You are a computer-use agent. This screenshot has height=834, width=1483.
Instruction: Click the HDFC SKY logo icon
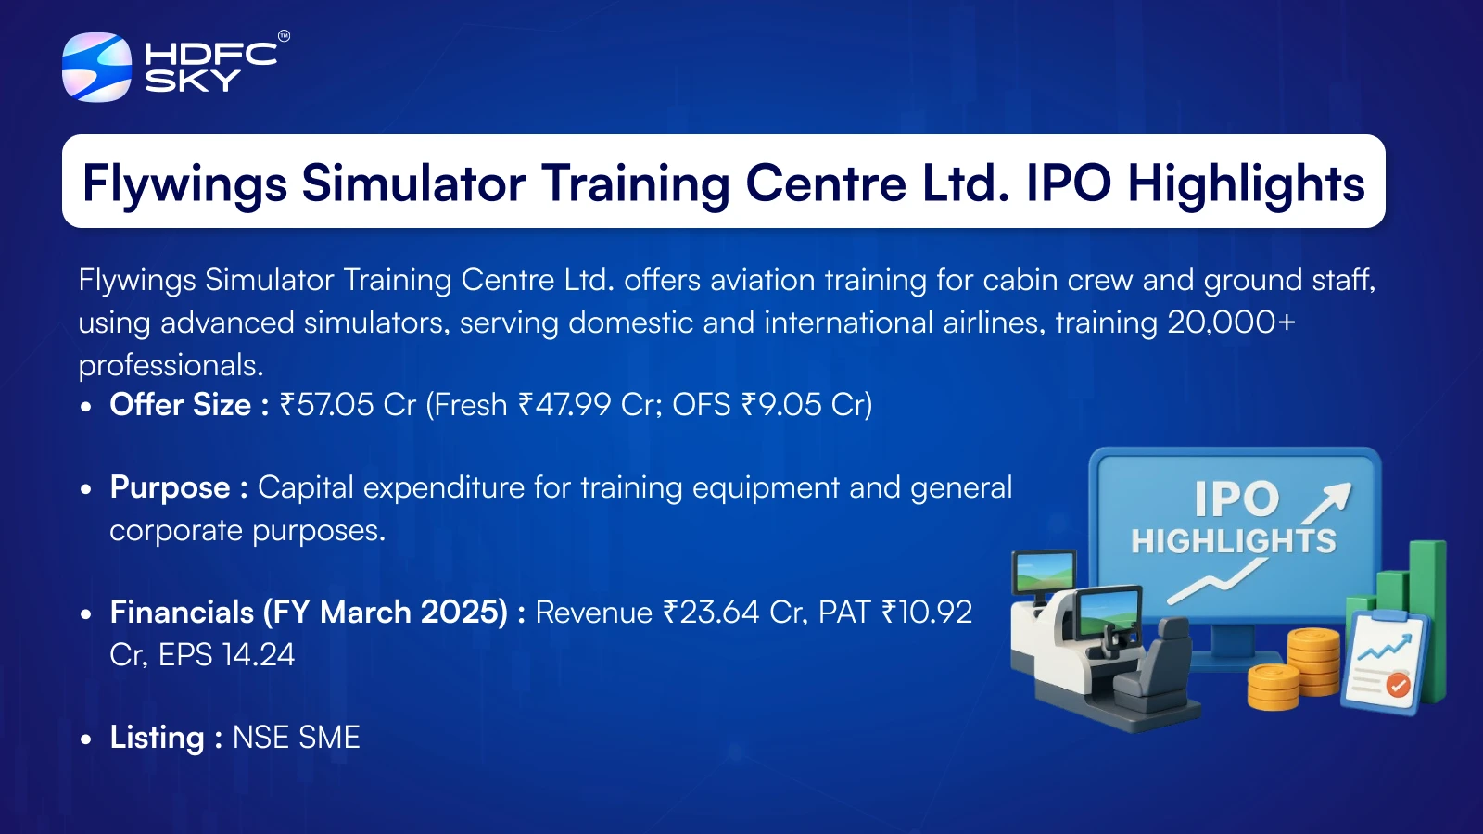(96, 67)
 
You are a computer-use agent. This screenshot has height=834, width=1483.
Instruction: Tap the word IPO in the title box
(1069, 183)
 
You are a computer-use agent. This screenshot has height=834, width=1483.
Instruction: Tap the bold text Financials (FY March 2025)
(309, 613)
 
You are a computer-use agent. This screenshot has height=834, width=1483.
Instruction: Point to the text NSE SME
(297, 738)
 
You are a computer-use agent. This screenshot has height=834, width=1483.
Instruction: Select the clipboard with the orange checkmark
(1384, 662)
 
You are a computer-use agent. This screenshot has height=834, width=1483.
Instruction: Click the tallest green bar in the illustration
(1428, 620)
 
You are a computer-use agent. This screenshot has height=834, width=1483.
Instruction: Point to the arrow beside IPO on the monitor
(1326, 504)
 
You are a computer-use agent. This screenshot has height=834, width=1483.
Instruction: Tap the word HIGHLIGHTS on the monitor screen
(1234, 541)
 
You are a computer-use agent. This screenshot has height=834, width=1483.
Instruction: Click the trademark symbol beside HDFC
(284, 36)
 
